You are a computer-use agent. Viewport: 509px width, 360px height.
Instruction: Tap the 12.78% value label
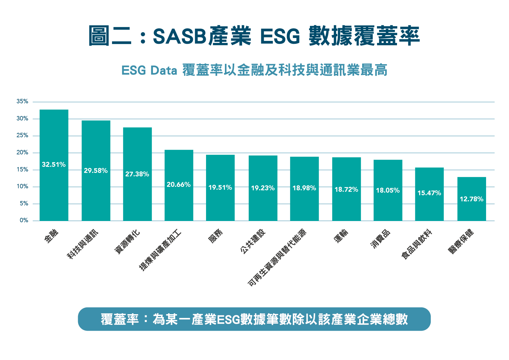coord(471,199)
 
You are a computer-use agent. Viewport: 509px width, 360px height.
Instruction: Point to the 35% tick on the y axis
coord(22,102)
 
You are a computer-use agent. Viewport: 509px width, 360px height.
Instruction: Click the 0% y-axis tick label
coord(24,220)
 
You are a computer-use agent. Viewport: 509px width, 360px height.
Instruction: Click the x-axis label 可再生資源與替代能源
coord(277,258)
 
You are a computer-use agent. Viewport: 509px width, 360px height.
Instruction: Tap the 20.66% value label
coord(178,184)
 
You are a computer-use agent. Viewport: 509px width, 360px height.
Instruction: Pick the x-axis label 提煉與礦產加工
coord(160,250)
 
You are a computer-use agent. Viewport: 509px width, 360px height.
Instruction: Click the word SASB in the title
coord(179,37)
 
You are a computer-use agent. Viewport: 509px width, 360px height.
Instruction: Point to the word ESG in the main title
coord(280,37)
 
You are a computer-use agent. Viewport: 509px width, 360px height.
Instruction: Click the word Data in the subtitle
coord(164,70)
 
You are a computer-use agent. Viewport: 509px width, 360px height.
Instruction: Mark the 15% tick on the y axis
coord(22,169)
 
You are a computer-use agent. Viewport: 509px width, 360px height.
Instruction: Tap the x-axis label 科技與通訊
coord(83,244)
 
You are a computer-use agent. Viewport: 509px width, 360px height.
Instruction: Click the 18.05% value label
coord(388,190)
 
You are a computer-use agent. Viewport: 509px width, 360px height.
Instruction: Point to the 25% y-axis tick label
coord(22,135)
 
